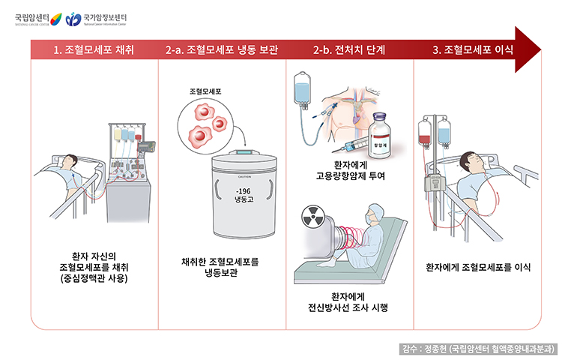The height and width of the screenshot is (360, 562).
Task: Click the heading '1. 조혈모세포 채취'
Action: [94, 50]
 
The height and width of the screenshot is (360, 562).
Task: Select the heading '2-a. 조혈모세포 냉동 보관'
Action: [222, 50]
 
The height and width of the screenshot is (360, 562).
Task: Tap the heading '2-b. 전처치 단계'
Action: [349, 50]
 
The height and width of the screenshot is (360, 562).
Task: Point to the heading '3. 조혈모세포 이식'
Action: [477, 50]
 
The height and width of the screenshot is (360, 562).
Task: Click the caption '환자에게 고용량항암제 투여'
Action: [350, 170]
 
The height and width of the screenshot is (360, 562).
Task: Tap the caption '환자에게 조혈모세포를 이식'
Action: [478, 267]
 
